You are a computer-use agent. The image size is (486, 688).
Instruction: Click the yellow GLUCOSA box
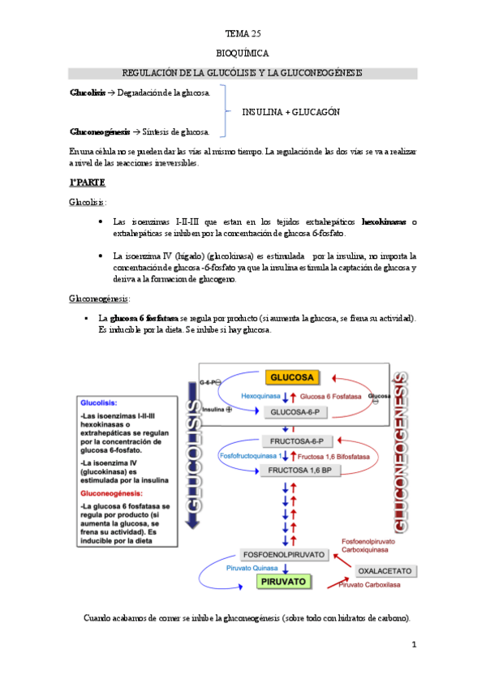[x=292, y=377]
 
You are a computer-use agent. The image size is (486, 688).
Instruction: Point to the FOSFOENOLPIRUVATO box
[x=285, y=555]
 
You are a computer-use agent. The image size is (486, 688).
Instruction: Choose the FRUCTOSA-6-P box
[x=293, y=441]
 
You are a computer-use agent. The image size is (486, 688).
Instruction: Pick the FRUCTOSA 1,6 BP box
[x=293, y=470]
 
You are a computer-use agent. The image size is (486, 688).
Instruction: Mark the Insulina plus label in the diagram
[x=216, y=409]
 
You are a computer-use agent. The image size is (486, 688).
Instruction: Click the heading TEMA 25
[x=242, y=34]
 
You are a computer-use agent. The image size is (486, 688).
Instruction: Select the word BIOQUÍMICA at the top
[x=242, y=54]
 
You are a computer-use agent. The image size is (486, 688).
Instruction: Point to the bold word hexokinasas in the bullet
[x=385, y=221]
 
